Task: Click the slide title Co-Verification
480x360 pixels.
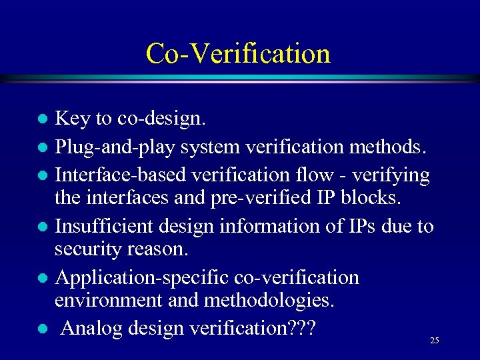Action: coord(238,53)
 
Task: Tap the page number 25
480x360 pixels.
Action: coord(435,341)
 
